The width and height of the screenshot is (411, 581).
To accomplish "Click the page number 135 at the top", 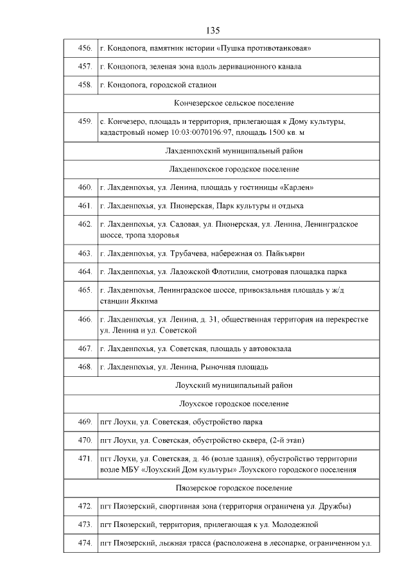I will [214, 30].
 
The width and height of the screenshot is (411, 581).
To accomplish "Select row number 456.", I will [84, 48].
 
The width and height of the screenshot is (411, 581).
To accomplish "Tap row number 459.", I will [84, 121].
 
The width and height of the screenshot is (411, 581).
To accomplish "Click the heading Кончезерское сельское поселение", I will [234, 103].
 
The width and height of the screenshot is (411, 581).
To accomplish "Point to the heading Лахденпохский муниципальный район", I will [234, 151].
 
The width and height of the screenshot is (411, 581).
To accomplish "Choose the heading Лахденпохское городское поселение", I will [234, 169].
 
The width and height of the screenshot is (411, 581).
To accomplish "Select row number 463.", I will [84, 254].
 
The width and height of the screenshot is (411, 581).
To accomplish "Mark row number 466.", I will [84, 319].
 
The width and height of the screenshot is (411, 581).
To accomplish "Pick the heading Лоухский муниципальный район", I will [234, 385].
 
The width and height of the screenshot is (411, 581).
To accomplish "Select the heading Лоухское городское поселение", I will [234, 403].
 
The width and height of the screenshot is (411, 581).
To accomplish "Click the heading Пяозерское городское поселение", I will [234, 488].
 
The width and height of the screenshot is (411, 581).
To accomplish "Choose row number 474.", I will [84, 544].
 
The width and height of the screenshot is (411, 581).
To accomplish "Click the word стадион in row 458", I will [201, 84].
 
